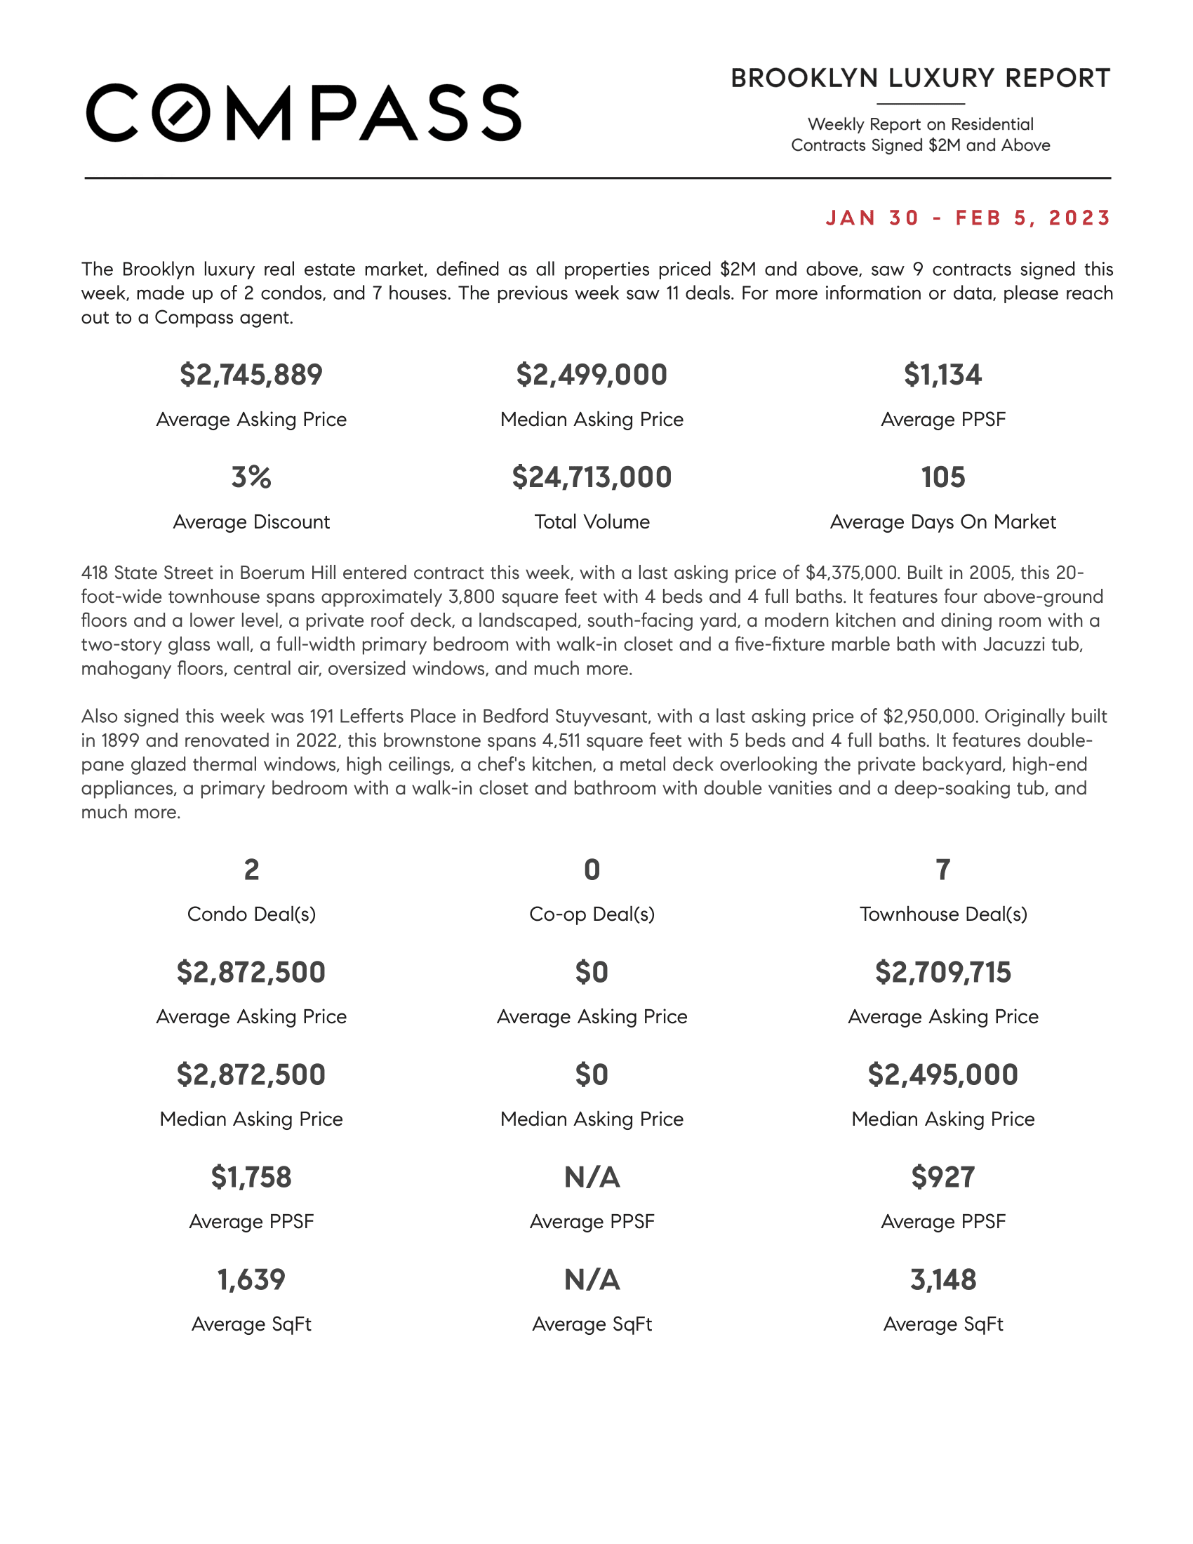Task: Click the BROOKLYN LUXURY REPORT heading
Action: tap(920, 79)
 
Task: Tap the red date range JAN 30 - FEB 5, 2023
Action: tap(968, 218)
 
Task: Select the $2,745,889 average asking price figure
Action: tap(251, 375)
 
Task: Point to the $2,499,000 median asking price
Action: tap(592, 375)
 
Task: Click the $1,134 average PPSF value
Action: tap(942, 375)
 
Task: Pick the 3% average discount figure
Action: tap(251, 477)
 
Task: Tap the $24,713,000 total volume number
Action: tap(592, 477)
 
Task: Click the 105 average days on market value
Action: tap(942, 477)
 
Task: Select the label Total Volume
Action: tap(592, 521)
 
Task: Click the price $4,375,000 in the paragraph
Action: tap(852, 573)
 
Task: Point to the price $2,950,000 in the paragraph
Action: tap(929, 716)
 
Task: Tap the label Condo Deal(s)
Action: tap(251, 914)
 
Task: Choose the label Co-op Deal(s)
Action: tap(592, 914)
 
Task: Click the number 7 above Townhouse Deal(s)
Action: tap(942, 870)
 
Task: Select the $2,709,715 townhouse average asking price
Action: tap(942, 972)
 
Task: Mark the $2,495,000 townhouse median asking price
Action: tap(942, 1074)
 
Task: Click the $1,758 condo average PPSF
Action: tap(251, 1177)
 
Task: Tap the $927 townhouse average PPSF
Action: tap(942, 1177)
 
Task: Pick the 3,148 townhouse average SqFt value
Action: tap(942, 1279)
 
